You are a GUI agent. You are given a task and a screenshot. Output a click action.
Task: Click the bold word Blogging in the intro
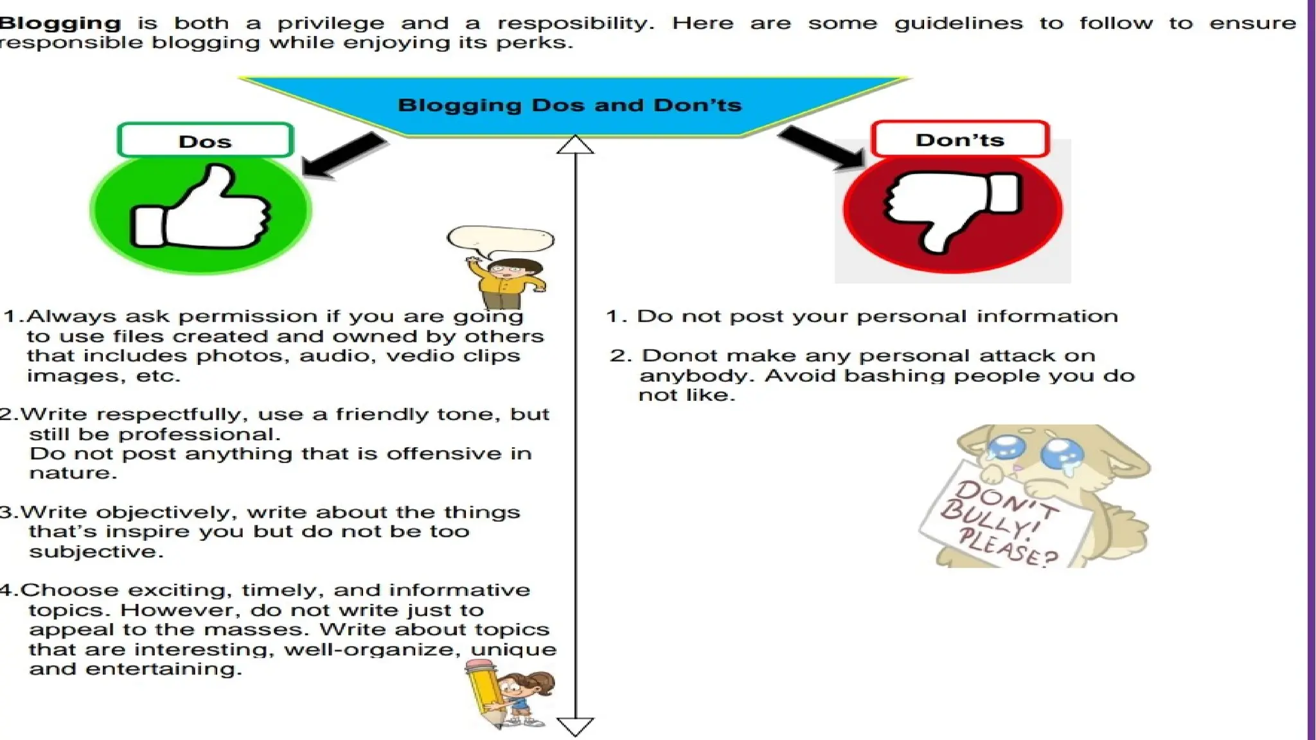tap(60, 24)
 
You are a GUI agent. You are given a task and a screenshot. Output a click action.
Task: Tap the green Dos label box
tap(205, 141)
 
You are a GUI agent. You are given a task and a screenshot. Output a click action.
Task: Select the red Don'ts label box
tap(960, 139)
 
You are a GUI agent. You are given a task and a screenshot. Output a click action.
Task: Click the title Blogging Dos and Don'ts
tap(569, 105)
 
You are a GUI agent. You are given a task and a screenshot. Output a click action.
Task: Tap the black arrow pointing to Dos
tap(344, 154)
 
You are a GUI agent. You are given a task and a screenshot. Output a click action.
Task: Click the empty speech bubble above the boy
tap(501, 239)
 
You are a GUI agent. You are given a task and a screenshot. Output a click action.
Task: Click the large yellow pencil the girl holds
tap(483, 694)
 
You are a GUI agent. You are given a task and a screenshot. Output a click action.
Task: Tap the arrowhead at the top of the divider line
tap(575, 145)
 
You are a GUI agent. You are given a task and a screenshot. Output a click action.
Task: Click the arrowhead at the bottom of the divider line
tap(575, 727)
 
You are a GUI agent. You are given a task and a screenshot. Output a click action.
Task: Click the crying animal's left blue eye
tap(1006, 448)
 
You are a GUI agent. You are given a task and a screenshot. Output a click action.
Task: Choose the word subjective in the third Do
tap(93, 552)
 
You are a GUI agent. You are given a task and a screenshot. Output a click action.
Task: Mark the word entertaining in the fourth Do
tap(163, 669)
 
